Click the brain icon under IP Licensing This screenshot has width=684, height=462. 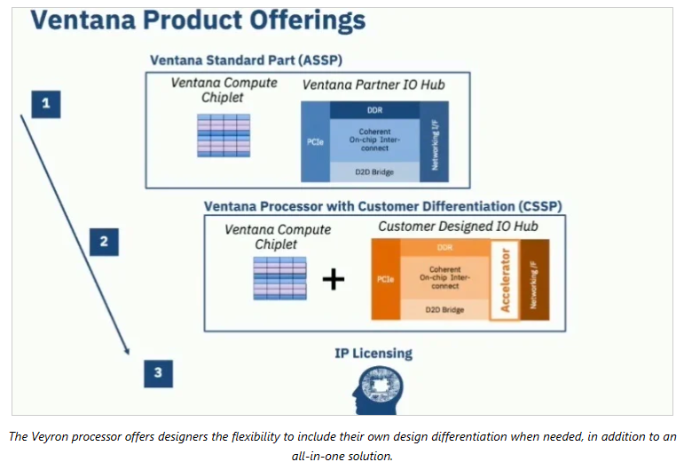click(373, 388)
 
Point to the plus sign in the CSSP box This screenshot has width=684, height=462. click(333, 279)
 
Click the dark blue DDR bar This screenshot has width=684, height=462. click(373, 110)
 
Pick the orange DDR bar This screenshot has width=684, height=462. click(444, 247)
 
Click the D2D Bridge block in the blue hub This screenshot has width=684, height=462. click(373, 170)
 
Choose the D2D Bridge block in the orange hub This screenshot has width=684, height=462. click(444, 308)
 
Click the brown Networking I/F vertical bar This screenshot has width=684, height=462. click(536, 278)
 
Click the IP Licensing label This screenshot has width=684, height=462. click(373, 354)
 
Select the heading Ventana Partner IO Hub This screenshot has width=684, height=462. click(373, 84)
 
